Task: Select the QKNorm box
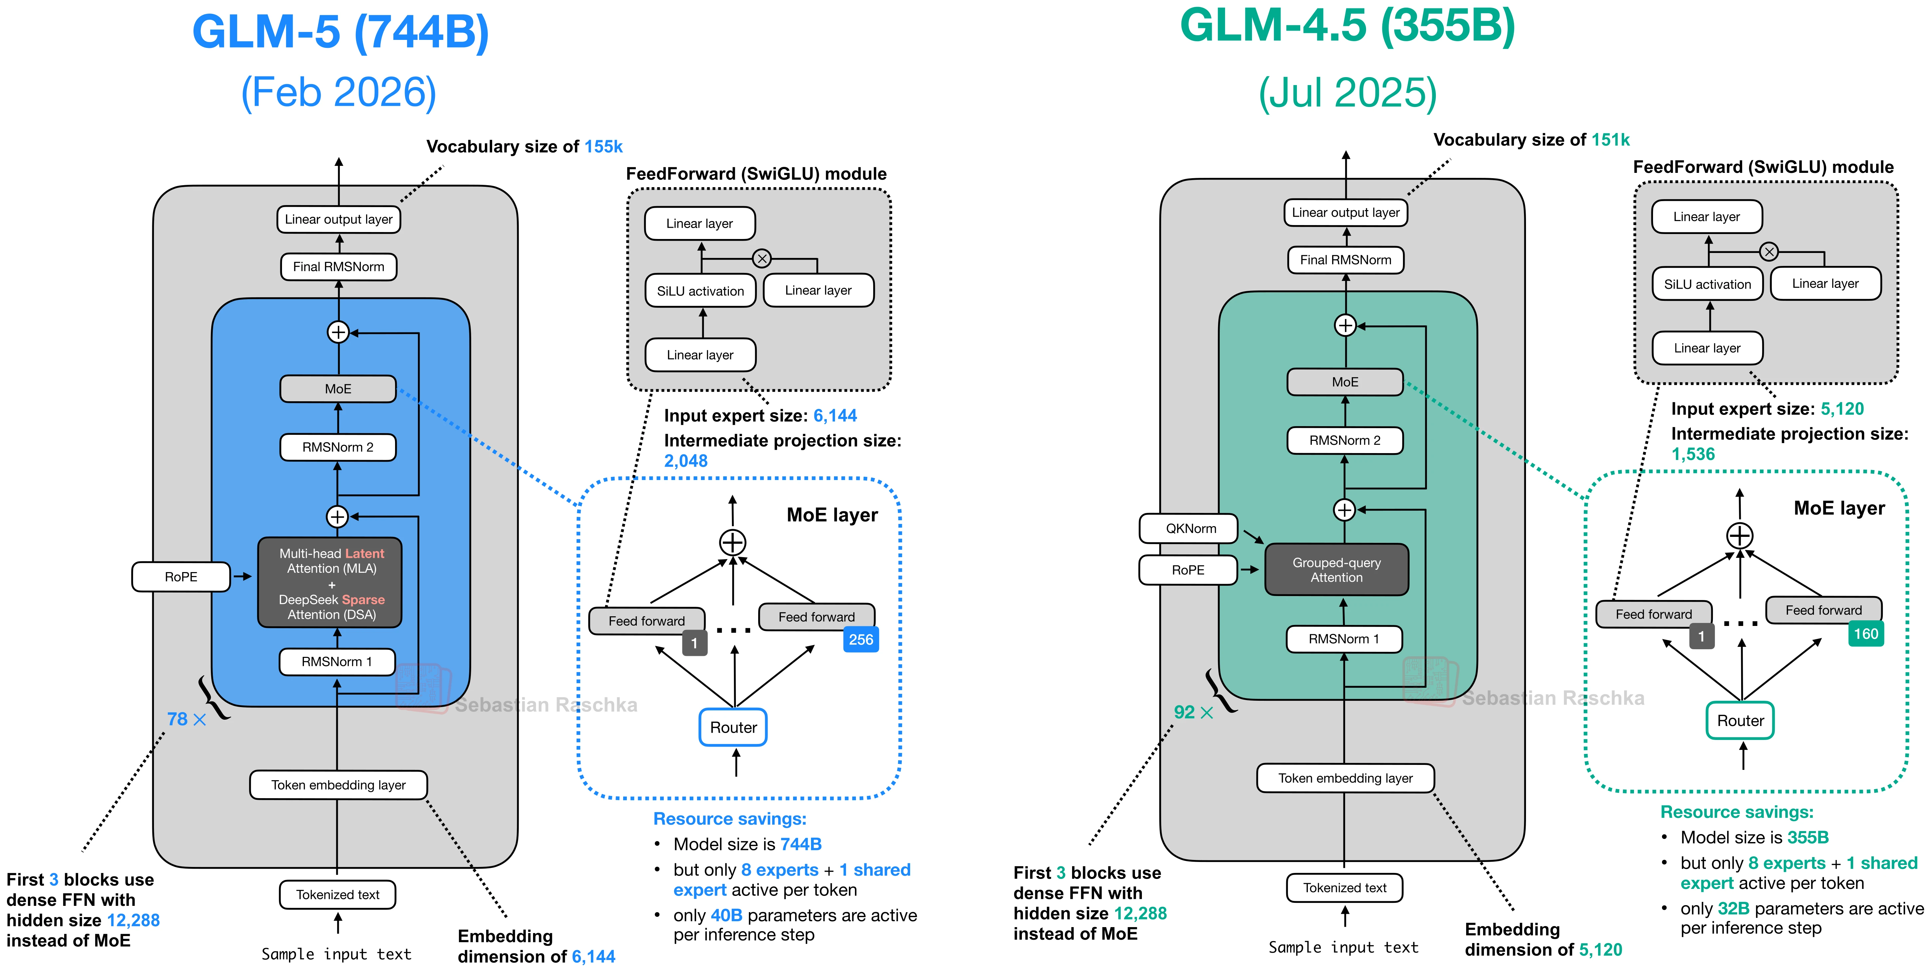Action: (1190, 528)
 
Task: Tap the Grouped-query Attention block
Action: (1336, 569)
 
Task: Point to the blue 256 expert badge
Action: (861, 639)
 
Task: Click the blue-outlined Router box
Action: (733, 727)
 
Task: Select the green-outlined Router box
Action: (1740, 720)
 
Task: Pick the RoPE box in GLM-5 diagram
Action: (181, 576)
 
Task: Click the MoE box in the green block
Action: (1345, 382)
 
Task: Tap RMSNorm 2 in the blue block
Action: (337, 447)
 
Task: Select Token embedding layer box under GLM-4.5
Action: (1345, 778)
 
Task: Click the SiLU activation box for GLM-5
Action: (700, 291)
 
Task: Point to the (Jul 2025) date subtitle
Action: (1347, 93)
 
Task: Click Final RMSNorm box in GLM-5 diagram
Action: (338, 266)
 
